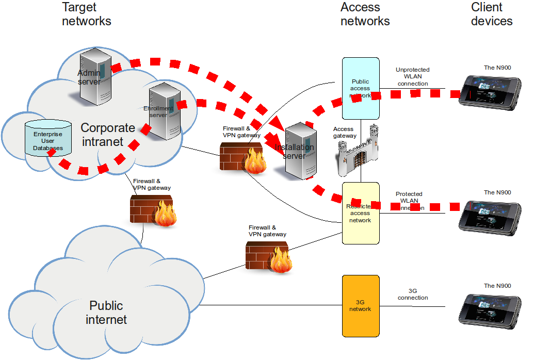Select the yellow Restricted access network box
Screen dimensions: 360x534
[361, 213]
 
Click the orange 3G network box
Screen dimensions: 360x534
[361, 306]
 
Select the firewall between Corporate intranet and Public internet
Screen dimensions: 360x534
[154, 211]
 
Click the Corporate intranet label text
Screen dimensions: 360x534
[108, 135]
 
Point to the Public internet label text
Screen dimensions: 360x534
[106, 313]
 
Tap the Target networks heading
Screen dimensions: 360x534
[86, 14]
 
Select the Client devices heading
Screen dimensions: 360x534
[491, 14]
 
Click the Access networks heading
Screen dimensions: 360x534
[365, 14]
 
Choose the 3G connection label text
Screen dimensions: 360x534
[413, 294]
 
